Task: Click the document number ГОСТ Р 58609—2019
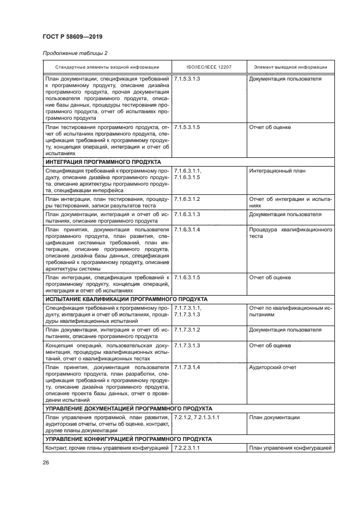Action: (72, 36)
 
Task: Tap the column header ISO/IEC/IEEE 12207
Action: (209, 67)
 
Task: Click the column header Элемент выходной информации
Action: (290, 67)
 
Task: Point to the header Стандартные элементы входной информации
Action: (107, 67)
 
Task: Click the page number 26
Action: (46, 463)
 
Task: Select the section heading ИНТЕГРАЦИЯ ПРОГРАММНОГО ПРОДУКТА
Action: (103, 162)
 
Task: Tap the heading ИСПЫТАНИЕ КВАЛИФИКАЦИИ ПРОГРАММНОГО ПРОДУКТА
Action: (126, 299)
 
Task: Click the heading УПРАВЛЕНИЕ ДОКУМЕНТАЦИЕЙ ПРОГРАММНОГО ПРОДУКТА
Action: (129, 408)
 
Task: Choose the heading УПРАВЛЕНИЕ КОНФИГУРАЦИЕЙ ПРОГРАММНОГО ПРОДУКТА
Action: (129, 438)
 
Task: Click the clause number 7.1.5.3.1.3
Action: (187, 79)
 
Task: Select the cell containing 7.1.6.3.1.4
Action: (187, 230)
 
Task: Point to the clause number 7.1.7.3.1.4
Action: (187, 367)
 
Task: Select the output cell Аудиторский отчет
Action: (273, 367)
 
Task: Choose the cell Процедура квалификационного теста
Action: (290, 233)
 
